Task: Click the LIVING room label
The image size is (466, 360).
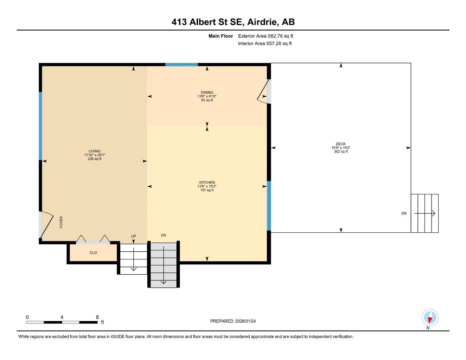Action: click(x=95, y=151)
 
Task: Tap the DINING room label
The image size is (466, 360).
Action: click(x=207, y=93)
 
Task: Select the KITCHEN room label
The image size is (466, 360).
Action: click(x=207, y=182)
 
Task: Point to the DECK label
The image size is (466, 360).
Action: click(x=340, y=144)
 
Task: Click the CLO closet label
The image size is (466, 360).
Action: click(x=93, y=253)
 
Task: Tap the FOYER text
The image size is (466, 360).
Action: click(x=61, y=222)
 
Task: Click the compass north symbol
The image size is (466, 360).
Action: click(x=429, y=318)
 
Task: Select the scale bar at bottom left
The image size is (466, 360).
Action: click(x=62, y=322)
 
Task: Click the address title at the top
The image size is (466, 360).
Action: click(x=233, y=22)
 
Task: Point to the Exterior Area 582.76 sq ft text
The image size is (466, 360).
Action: click(x=266, y=36)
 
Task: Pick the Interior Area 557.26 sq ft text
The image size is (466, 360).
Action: click(x=265, y=44)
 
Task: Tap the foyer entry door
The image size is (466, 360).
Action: click(x=45, y=225)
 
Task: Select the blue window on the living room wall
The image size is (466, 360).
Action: click(x=40, y=126)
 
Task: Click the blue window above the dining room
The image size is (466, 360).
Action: click(x=181, y=65)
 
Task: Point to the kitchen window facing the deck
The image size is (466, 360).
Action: click(x=269, y=206)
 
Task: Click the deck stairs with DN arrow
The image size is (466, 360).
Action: click(x=424, y=213)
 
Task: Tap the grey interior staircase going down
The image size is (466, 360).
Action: click(x=164, y=265)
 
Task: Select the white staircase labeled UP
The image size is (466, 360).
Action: click(x=134, y=259)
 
